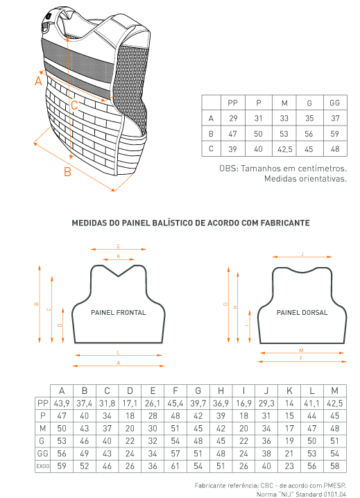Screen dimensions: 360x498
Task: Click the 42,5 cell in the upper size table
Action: (x=284, y=149)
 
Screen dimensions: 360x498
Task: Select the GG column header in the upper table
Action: (x=335, y=103)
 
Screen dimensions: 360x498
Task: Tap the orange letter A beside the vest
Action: (x=38, y=81)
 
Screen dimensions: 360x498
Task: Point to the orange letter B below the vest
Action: (x=67, y=172)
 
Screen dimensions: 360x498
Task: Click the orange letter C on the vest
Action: (x=74, y=105)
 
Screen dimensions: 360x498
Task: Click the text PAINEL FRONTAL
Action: (x=118, y=313)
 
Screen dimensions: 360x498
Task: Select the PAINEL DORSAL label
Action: (x=302, y=313)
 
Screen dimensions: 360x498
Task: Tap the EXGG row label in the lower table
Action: (x=42, y=466)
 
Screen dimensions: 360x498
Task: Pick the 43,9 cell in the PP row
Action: (x=62, y=404)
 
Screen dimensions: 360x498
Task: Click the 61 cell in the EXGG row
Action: (x=175, y=466)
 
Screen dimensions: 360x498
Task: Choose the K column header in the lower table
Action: (x=289, y=390)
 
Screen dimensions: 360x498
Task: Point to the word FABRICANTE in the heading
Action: (x=285, y=223)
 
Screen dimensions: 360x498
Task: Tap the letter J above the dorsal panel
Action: (x=302, y=254)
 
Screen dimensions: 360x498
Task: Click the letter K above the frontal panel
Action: (x=119, y=257)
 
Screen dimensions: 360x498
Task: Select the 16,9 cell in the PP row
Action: (x=243, y=404)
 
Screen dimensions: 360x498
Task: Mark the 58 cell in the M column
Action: (x=334, y=466)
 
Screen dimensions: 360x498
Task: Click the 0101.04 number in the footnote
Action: (x=335, y=495)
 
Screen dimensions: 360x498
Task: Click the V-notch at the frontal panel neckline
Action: (x=119, y=276)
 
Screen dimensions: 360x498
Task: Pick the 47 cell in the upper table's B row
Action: (x=232, y=134)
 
